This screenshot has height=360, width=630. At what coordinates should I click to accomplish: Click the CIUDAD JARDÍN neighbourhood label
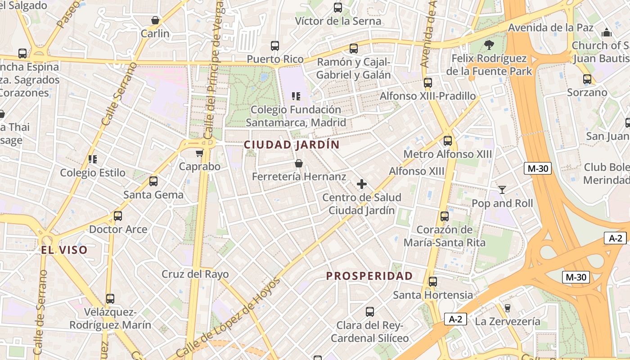(x=291, y=145)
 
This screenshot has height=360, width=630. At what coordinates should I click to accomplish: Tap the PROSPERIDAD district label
(x=369, y=276)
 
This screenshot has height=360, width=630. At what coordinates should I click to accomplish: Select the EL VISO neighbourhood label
(x=64, y=250)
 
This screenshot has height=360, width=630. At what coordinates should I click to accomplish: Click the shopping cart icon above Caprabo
(x=199, y=153)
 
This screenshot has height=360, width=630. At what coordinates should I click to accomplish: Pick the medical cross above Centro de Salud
(x=361, y=184)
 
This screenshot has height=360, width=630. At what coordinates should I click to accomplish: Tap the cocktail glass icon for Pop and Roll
(x=502, y=190)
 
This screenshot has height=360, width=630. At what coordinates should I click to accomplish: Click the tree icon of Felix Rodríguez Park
(x=489, y=45)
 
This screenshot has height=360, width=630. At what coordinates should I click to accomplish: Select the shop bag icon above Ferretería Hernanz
(x=298, y=163)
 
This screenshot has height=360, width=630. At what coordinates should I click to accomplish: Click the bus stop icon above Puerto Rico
(x=275, y=46)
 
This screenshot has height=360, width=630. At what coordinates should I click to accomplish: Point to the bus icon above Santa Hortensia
(x=432, y=282)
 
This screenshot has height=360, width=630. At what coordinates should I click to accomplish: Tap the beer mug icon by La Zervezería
(x=508, y=308)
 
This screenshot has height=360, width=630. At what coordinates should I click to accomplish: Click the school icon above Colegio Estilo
(x=93, y=159)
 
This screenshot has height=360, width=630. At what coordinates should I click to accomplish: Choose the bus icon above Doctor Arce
(x=118, y=216)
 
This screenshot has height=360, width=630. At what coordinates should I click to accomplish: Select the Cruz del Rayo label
(x=195, y=274)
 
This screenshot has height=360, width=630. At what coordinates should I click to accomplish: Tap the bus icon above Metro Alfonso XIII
(x=447, y=141)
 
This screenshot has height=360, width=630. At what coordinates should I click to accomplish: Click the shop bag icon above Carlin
(x=155, y=20)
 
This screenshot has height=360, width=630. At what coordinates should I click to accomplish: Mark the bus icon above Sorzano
(x=587, y=79)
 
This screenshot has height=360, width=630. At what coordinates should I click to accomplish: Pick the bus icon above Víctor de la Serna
(x=338, y=8)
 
